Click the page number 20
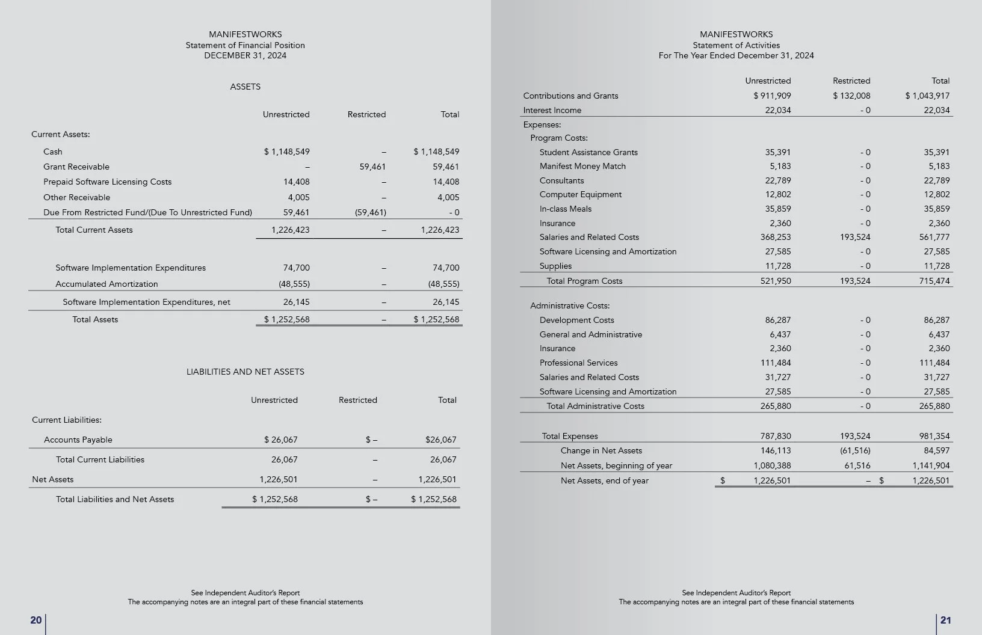[36, 620]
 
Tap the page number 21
[945, 620]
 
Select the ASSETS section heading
[245, 87]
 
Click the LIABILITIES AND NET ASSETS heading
[245, 372]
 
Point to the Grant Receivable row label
[76, 167]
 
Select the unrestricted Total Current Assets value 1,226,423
[290, 230]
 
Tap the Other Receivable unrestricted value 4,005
[298, 197]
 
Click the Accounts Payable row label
[78, 440]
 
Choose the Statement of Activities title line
[736, 45]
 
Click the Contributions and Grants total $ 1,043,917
[927, 96]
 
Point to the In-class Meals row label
[565, 209]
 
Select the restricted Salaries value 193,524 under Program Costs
[855, 237]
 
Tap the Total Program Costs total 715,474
[934, 281]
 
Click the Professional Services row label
[578, 363]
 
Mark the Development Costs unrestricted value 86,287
[778, 320]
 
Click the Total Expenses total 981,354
[934, 436]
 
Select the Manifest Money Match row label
[582, 166]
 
